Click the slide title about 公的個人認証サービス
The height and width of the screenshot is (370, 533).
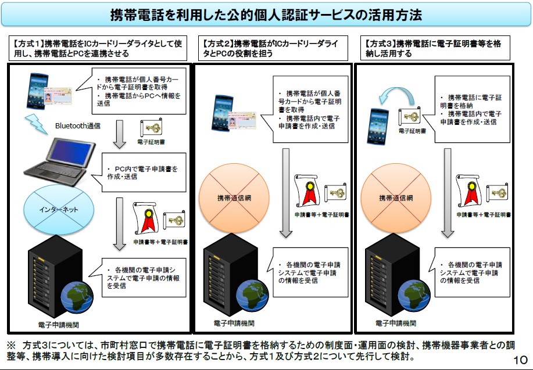[266, 15]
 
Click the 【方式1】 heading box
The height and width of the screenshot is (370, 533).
[98, 48]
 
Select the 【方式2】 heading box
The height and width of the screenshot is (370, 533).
[273, 48]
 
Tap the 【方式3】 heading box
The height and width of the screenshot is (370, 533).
[435, 48]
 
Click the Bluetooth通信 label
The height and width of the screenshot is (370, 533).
[78, 125]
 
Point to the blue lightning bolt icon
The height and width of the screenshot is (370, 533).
[35, 124]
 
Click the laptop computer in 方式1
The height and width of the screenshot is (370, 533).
[60, 161]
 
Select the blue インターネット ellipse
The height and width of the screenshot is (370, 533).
[59, 210]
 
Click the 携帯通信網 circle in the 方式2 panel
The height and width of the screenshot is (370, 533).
[234, 198]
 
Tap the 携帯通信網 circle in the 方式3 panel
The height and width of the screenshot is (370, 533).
[396, 198]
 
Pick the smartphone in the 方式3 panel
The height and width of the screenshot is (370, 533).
[378, 126]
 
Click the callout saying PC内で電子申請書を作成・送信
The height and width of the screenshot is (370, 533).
[144, 173]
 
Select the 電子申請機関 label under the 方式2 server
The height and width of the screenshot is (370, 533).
[234, 323]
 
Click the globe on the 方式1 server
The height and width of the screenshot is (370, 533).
[77, 297]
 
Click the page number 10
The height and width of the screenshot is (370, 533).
[520, 360]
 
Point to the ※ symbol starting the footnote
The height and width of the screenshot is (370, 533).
[11, 346]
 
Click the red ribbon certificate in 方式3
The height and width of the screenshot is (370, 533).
[470, 191]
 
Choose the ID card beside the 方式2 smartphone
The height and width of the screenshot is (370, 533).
[242, 121]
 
